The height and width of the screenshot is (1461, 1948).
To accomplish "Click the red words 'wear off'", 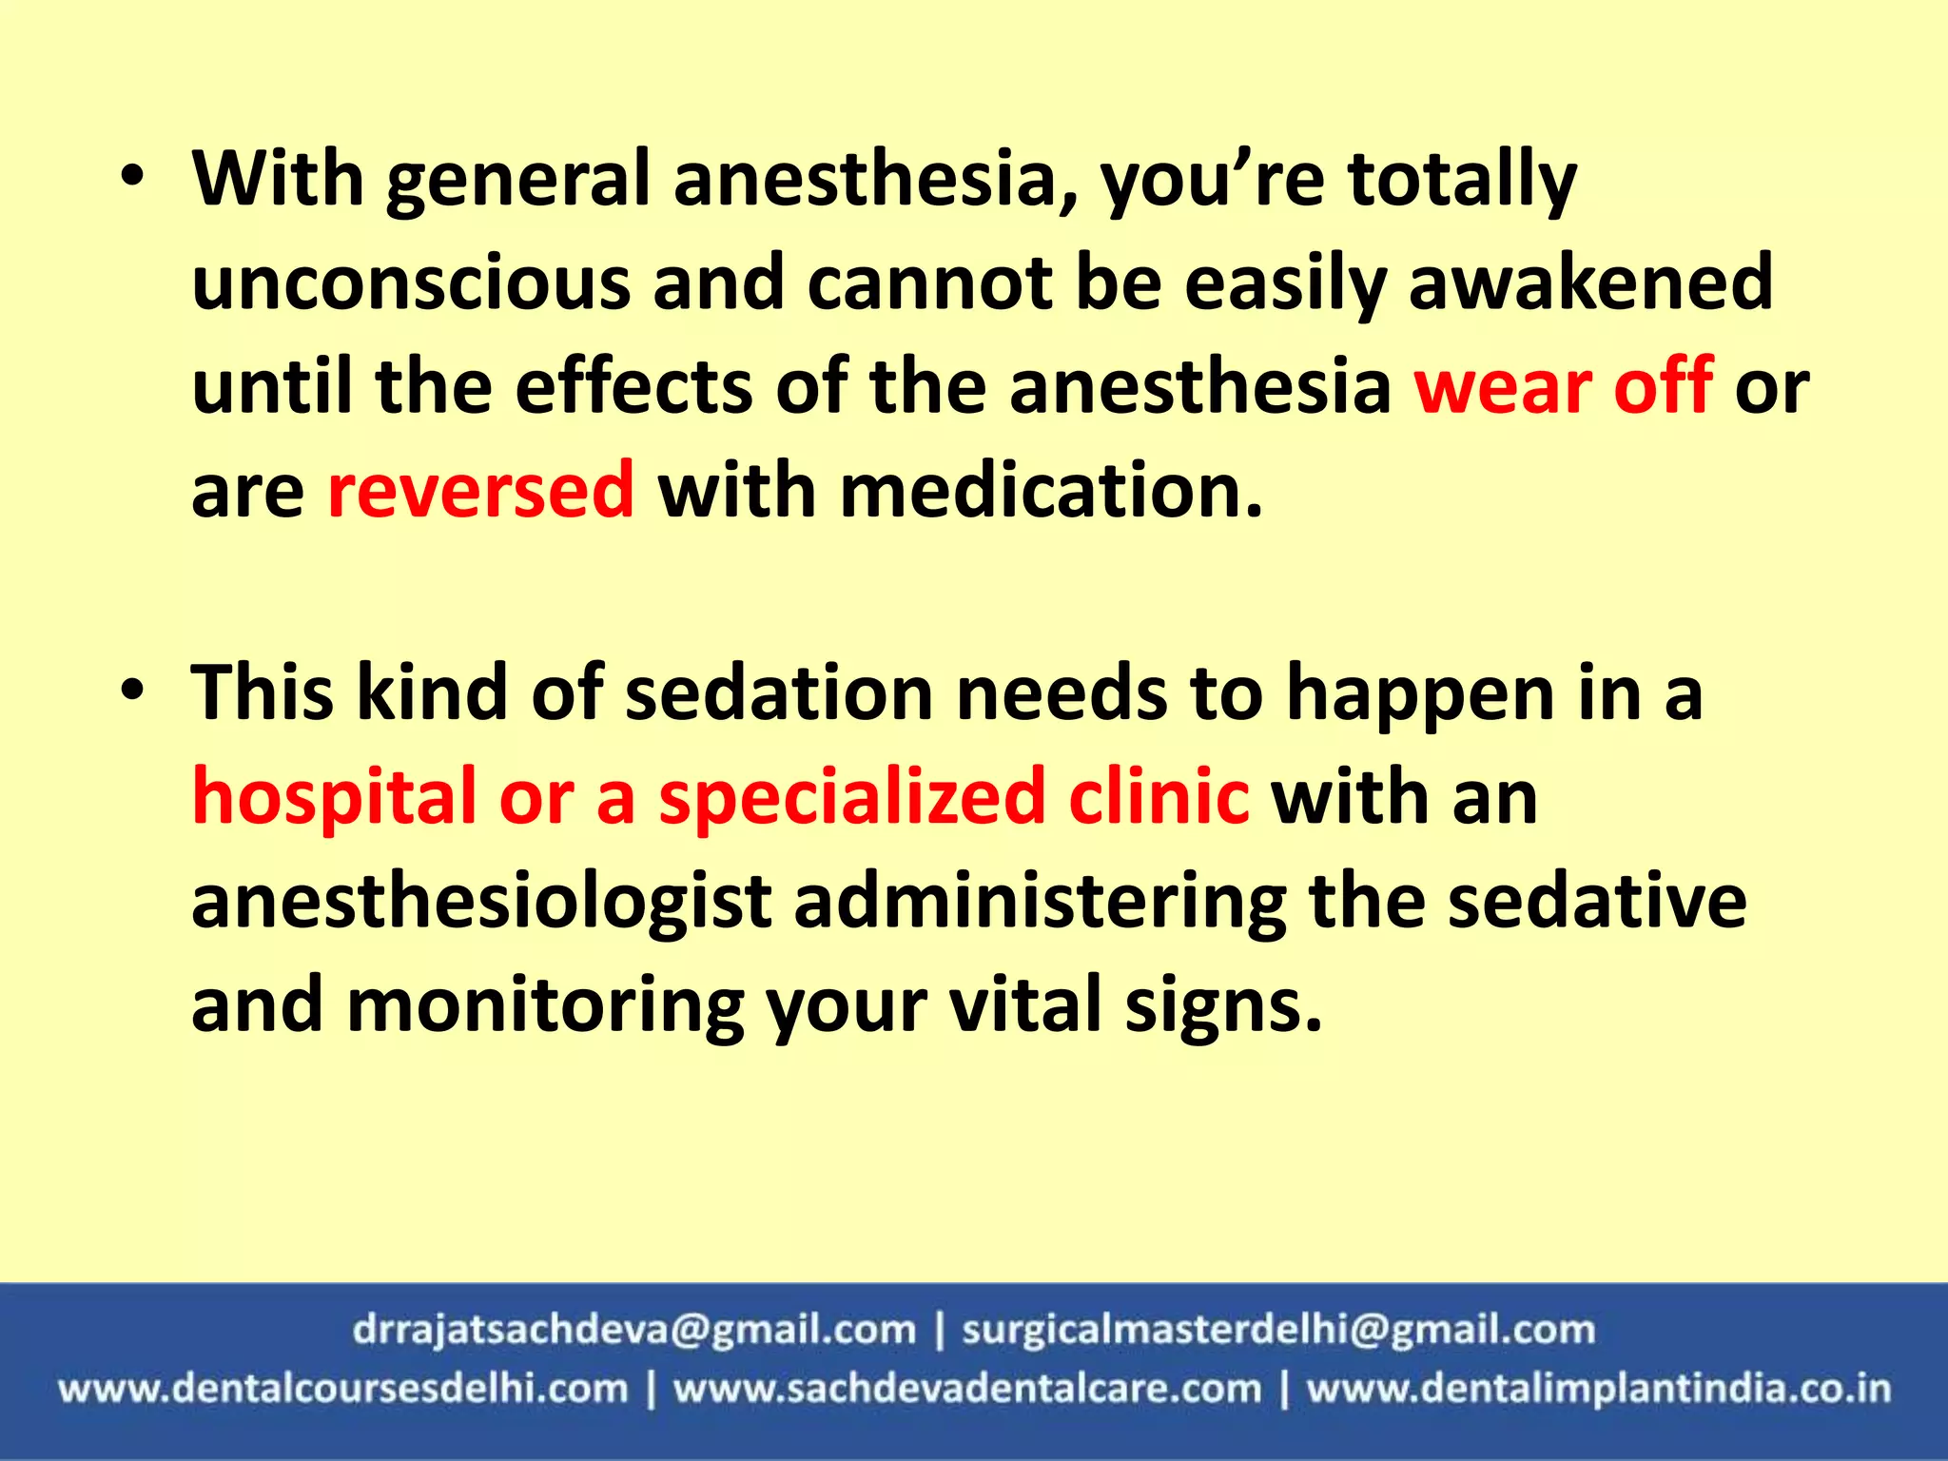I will pos(1563,386).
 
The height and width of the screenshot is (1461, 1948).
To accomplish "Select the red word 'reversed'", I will pos(480,490).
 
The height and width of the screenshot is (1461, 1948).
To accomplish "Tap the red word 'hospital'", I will pos(334,797).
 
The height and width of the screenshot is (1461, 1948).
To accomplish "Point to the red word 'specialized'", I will pos(852,797).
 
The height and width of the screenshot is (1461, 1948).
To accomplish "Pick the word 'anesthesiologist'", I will pos(481,901).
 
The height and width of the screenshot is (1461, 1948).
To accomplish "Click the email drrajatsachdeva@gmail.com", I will pos(633,1330).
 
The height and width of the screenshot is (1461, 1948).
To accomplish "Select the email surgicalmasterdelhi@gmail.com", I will pos(1277,1330).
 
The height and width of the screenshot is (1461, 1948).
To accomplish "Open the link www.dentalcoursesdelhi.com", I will pos(343,1389).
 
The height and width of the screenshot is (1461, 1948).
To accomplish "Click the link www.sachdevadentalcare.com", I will pos(967,1389).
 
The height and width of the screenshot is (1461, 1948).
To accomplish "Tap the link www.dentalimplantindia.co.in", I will pos(1598,1389).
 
